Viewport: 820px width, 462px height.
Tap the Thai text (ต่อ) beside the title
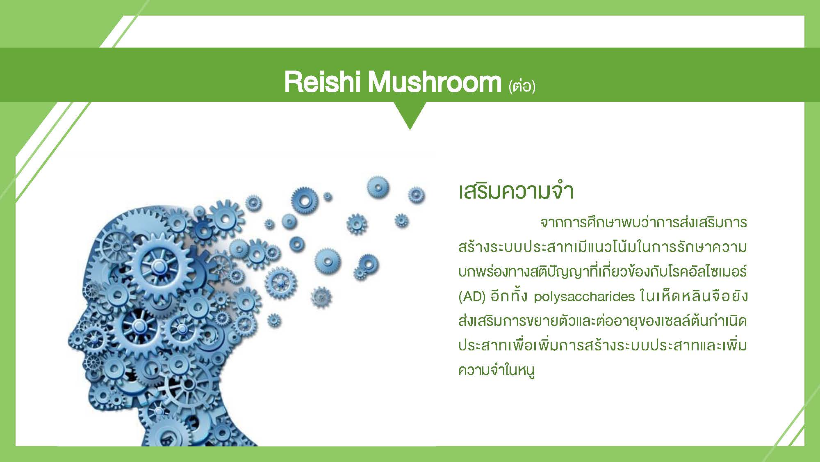coord(522,86)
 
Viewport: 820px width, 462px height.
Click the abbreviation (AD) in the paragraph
coord(472,296)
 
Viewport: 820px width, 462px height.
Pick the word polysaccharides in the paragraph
coord(584,297)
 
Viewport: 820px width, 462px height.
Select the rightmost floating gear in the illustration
coord(416,195)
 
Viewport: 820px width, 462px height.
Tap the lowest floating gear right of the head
coord(274,320)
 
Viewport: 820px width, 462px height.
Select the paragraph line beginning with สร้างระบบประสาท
coord(603,247)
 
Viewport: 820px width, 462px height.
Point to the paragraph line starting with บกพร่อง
coord(603,272)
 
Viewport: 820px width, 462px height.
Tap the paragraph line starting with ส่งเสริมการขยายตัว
coord(603,321)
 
